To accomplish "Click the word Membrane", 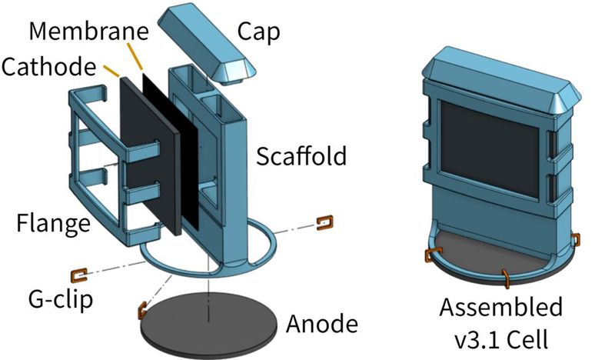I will [88, 32].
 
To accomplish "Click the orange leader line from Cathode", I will [110, 72].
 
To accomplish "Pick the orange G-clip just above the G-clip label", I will [77, 273].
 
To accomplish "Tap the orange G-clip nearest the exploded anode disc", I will [141, 310].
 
